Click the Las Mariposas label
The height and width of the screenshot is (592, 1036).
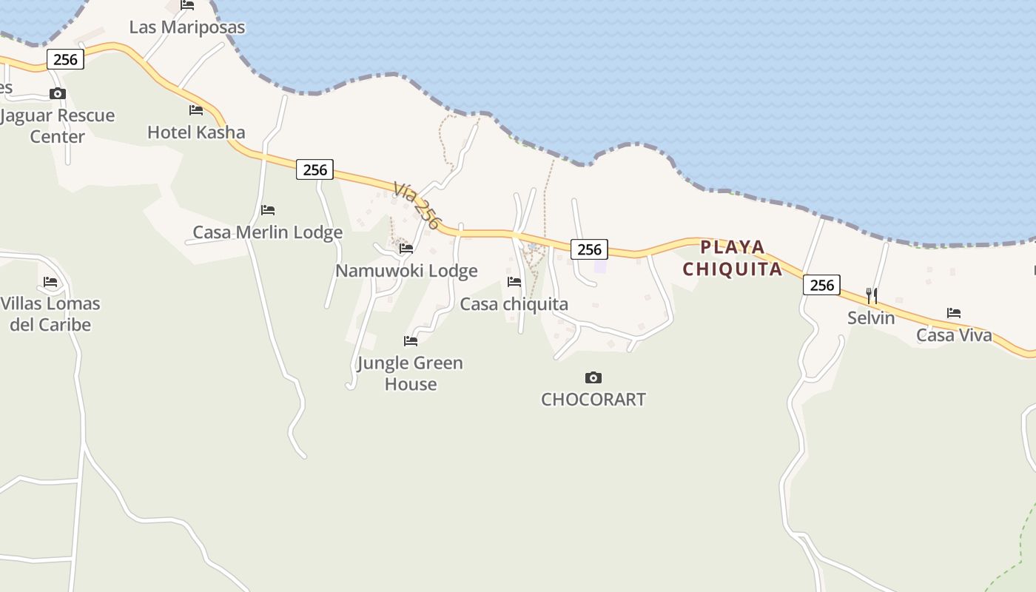(x=186, y=27)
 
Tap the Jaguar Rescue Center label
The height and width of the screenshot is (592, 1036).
(x=58, y=126)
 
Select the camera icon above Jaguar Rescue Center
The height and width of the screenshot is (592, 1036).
(x=58, y=94)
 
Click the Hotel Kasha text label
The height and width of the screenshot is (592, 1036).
(x=196, y=132)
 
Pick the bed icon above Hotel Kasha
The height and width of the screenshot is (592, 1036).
(x=196, y=110)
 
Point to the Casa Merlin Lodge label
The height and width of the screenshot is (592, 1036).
(x=267, y=232)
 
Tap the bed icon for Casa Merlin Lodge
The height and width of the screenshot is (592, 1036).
(x=268, y=210)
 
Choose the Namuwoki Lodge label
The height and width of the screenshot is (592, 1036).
(x=406, y=271)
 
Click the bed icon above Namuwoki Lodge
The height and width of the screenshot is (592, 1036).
(x=406, y=249)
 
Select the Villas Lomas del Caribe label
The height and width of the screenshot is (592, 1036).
(x=50, y=314)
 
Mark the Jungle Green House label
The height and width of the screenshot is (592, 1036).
(x=410, y=373)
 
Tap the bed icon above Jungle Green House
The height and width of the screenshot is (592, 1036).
(x=411, y=341)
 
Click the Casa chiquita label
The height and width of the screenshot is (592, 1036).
(x=514, y=304)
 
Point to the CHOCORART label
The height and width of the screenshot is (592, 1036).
(x=593, y=400)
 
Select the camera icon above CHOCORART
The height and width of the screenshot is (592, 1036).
(x=593, y=378)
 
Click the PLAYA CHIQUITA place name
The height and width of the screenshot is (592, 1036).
(x=732, y=258)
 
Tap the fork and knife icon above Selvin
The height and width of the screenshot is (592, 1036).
(x=872, y=296)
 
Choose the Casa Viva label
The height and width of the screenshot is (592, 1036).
(x=954, y=335)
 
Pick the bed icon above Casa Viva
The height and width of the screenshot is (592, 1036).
(x=954, y=313)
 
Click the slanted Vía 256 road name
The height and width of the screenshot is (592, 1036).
(x=417, y=205)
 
